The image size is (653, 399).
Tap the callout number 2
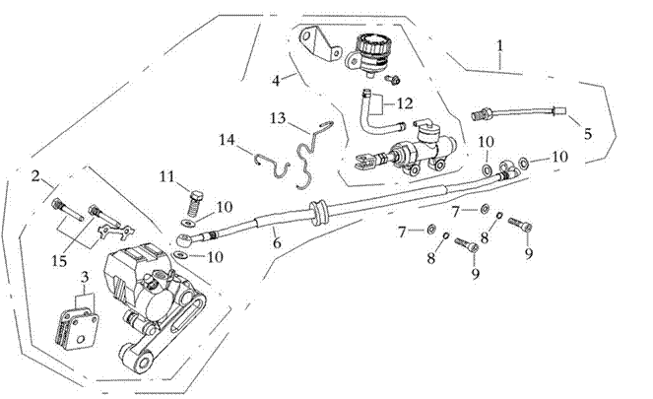35,177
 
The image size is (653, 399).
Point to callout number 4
278,79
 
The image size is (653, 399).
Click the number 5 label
588,133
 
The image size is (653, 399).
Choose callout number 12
405,102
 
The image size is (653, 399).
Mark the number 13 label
278,118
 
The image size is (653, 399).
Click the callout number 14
228,140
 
